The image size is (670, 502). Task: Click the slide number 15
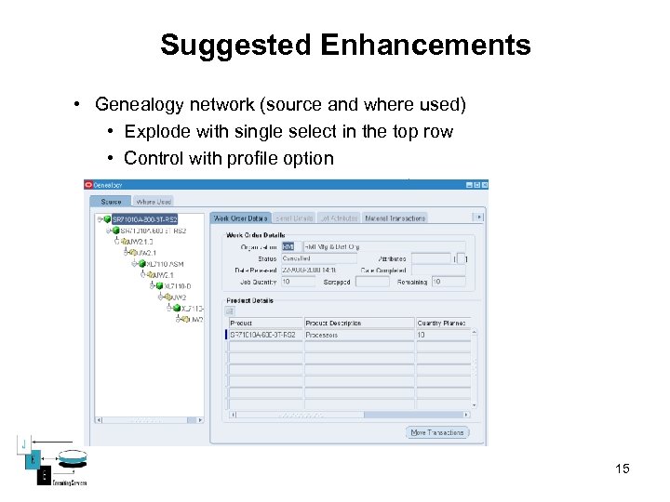click(623, 469)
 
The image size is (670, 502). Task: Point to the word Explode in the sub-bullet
click(159, 131)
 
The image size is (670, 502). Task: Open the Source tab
click(111, 201)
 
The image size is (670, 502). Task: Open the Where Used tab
click(154, 201)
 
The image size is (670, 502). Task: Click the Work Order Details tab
click(241, 218)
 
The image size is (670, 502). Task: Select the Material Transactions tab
click(395, 218)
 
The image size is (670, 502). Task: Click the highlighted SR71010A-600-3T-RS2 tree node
click(144, 219)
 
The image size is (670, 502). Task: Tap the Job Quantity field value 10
click(298, 281)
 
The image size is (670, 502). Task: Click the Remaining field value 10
click(449, 281)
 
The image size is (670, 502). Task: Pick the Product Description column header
click(357, 323)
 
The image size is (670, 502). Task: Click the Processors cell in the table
click(357, 335)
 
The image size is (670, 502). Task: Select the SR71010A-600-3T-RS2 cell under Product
click(264, 335)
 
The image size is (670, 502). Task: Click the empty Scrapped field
click(371, 281)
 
